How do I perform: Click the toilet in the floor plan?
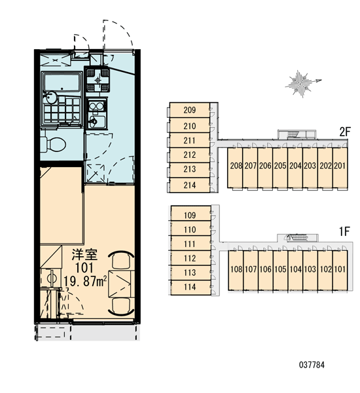[x=53, y=145]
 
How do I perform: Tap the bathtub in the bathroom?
[x=62, y=82]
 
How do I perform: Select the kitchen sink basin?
[x=97, y=122]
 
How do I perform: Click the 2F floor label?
[x=345, y=132]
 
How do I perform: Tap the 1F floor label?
[x=344, y=231]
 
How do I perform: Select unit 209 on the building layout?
[x=190, y=110]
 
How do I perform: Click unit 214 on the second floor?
[x=190, y=185]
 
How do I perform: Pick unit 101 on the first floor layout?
[x=340, y=270]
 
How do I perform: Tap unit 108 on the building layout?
[x=236, y=270]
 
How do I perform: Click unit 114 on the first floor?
[x=190, y=287]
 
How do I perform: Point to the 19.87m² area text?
[x=85, y=281]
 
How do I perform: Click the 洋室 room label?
[x=84, y=255]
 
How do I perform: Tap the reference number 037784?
[x=312, y=365]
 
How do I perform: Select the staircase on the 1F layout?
[x=297, y=238]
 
